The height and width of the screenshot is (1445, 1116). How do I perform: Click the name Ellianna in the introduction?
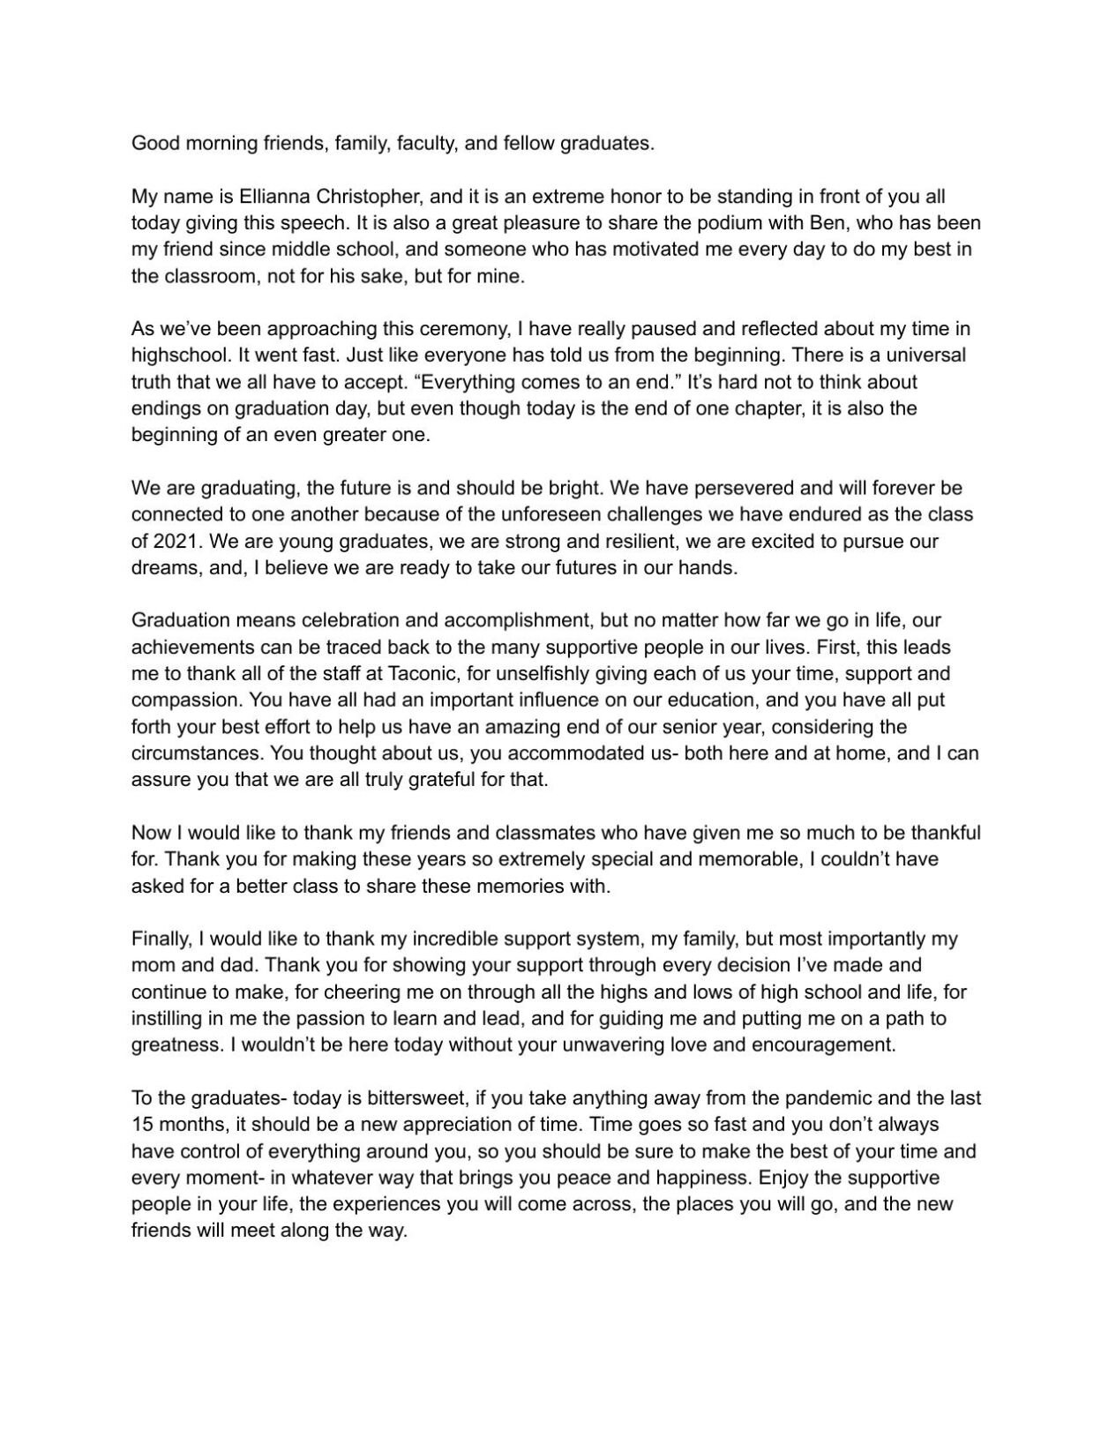tap(272, 197)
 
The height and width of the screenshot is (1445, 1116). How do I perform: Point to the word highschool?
tap(176, 356)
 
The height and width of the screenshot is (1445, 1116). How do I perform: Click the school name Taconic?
tap(422, 674)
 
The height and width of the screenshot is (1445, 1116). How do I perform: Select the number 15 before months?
tap(141, 1125)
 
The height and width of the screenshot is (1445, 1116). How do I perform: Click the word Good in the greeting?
tap(154, 143)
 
